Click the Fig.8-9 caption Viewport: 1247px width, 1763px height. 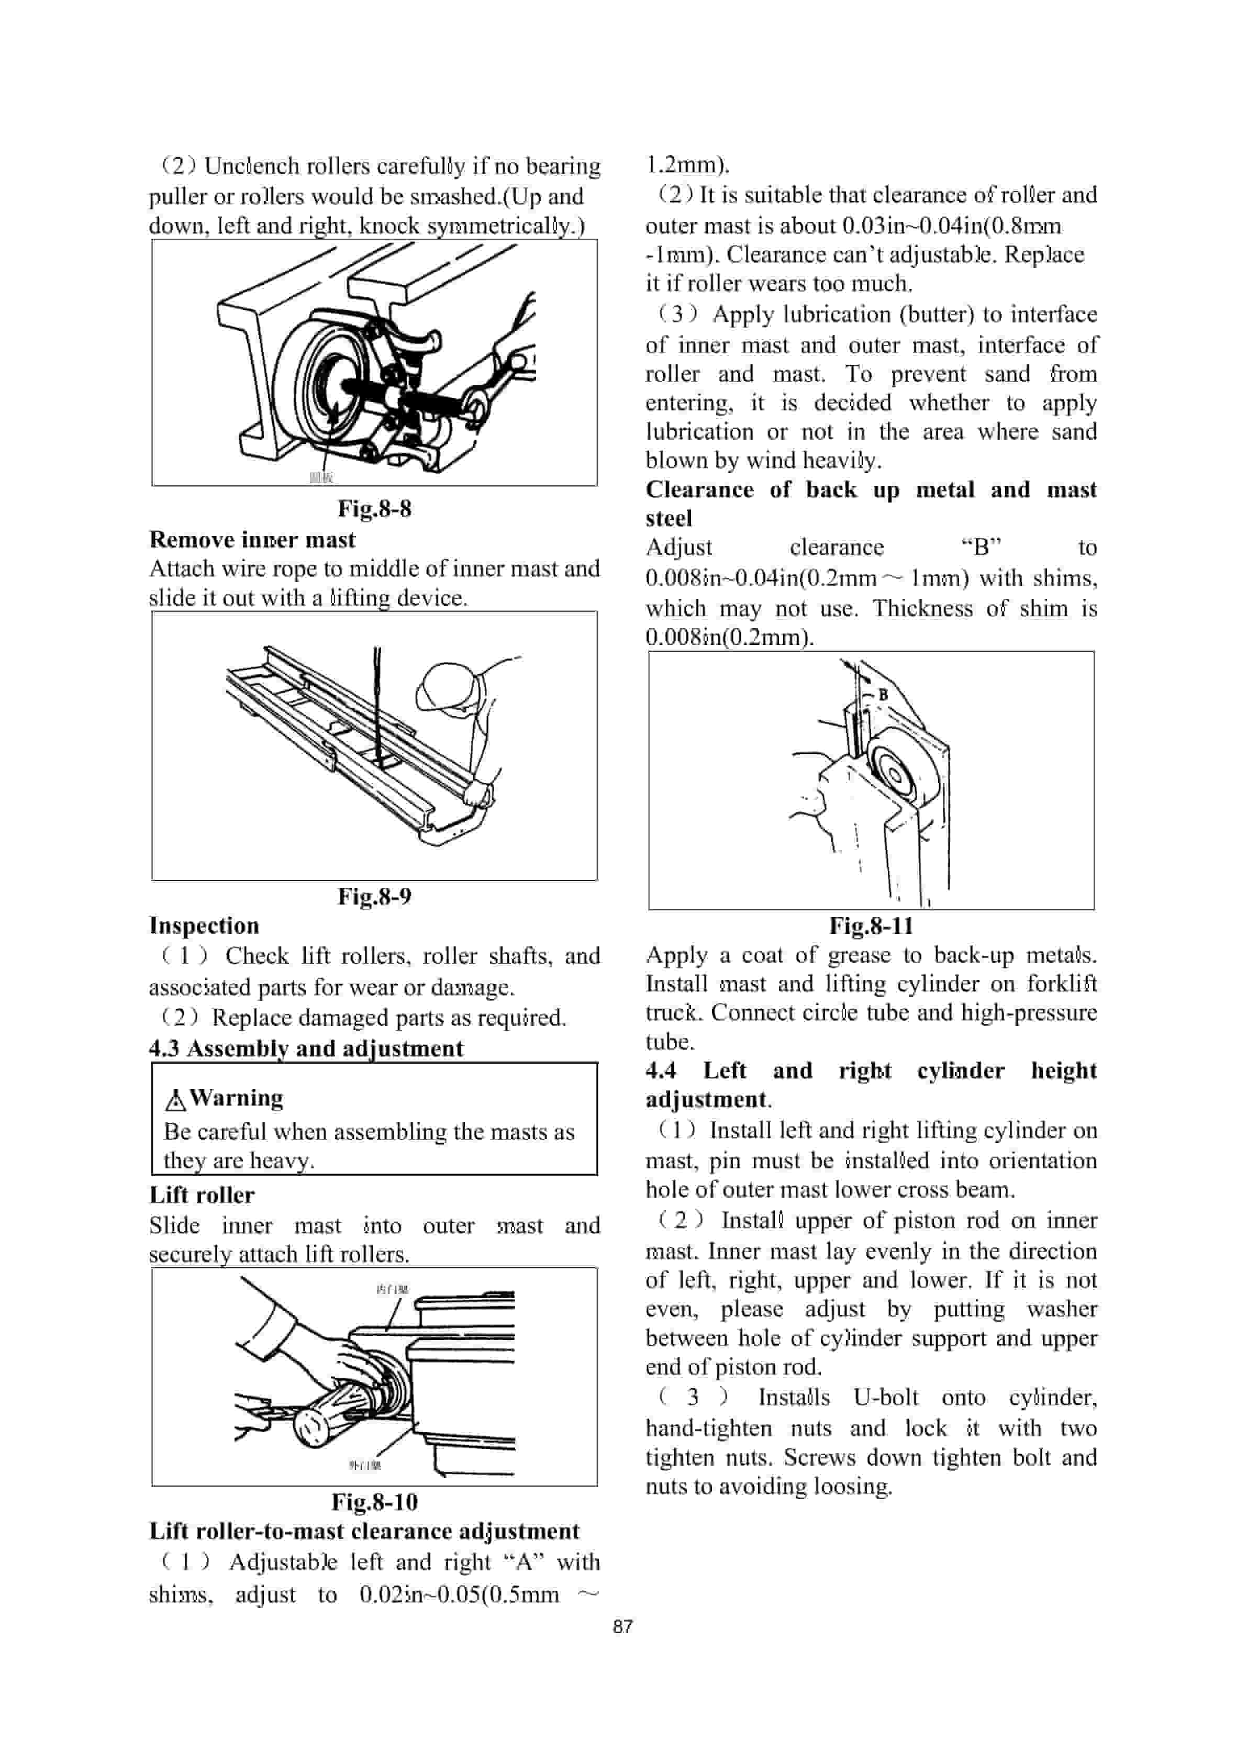375,896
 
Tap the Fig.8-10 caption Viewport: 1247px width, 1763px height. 375,1502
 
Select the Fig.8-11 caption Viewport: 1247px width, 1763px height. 872,925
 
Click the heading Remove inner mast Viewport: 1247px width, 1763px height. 252,540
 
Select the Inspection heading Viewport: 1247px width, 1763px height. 204,925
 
